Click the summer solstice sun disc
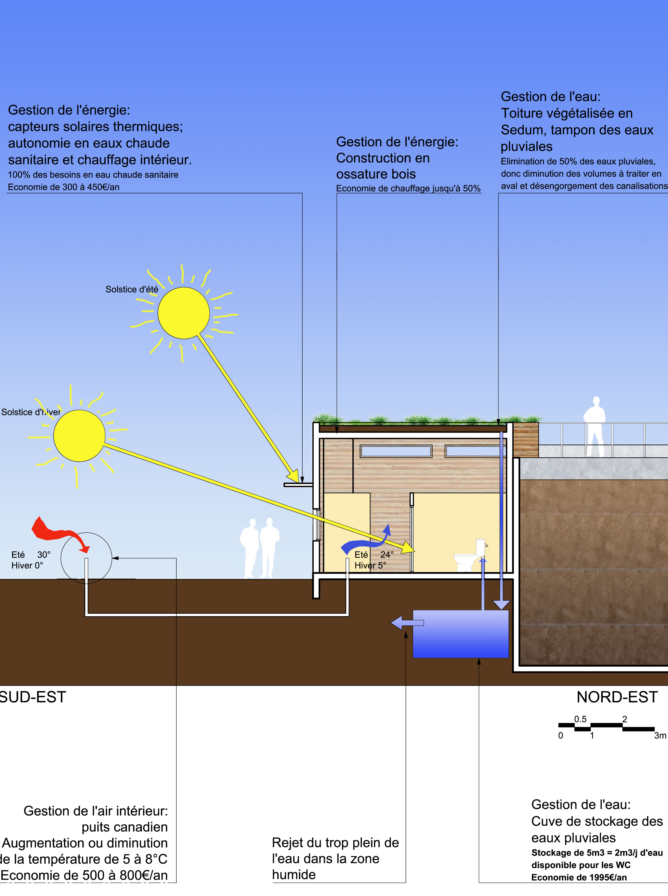point(184,313)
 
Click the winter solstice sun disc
point(79,436)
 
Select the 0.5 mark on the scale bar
point(580,719)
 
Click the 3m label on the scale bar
point(660,735)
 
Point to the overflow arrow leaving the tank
point(406,623)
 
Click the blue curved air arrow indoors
point(364,542)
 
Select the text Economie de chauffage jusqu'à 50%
point(408,189)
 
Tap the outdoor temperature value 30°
point(44,555)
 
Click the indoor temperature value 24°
point(387,555)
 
